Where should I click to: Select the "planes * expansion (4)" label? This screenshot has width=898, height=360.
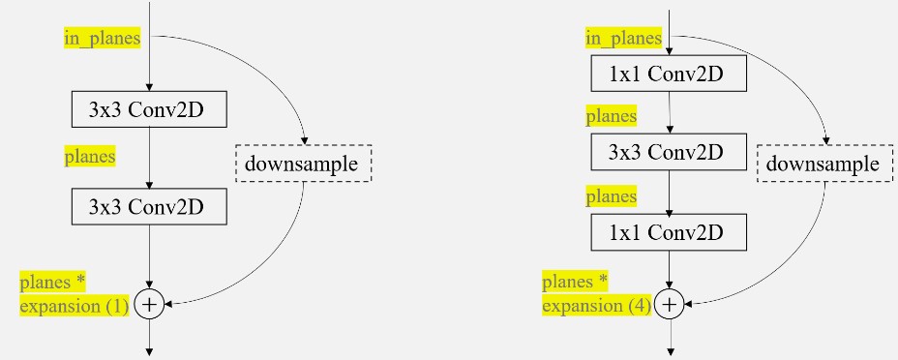(597, 293)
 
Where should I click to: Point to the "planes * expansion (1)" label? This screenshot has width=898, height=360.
(75, 293)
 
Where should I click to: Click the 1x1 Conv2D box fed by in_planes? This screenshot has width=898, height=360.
(669, 74)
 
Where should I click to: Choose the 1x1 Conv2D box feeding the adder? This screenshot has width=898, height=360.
(669, 232)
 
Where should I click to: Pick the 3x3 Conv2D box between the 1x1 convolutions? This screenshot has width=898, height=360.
(669, 152)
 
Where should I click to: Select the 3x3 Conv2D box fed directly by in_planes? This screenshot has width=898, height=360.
(149, 108)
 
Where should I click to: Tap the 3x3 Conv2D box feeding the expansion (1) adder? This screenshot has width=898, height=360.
(149, 207)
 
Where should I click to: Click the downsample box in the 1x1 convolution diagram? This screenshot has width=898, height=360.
(825, 164)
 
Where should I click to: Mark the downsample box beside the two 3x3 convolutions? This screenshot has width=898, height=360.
(304, 164)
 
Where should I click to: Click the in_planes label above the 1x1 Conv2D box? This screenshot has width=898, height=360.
(624, 39)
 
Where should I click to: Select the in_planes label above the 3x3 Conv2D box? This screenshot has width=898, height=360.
(102, 39)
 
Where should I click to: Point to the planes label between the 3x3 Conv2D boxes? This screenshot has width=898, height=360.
(90, 156)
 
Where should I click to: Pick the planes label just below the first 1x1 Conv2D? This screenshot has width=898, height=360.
(611, 116)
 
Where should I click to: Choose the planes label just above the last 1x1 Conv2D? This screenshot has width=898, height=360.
(611, 196)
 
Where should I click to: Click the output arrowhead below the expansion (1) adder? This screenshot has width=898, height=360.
(149, 352)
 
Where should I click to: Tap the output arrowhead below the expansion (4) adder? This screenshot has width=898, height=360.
(669, 352)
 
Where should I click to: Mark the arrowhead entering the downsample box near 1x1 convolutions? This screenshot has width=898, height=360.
(825, 141)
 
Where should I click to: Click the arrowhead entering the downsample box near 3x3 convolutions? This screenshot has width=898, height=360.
(304, 141)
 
